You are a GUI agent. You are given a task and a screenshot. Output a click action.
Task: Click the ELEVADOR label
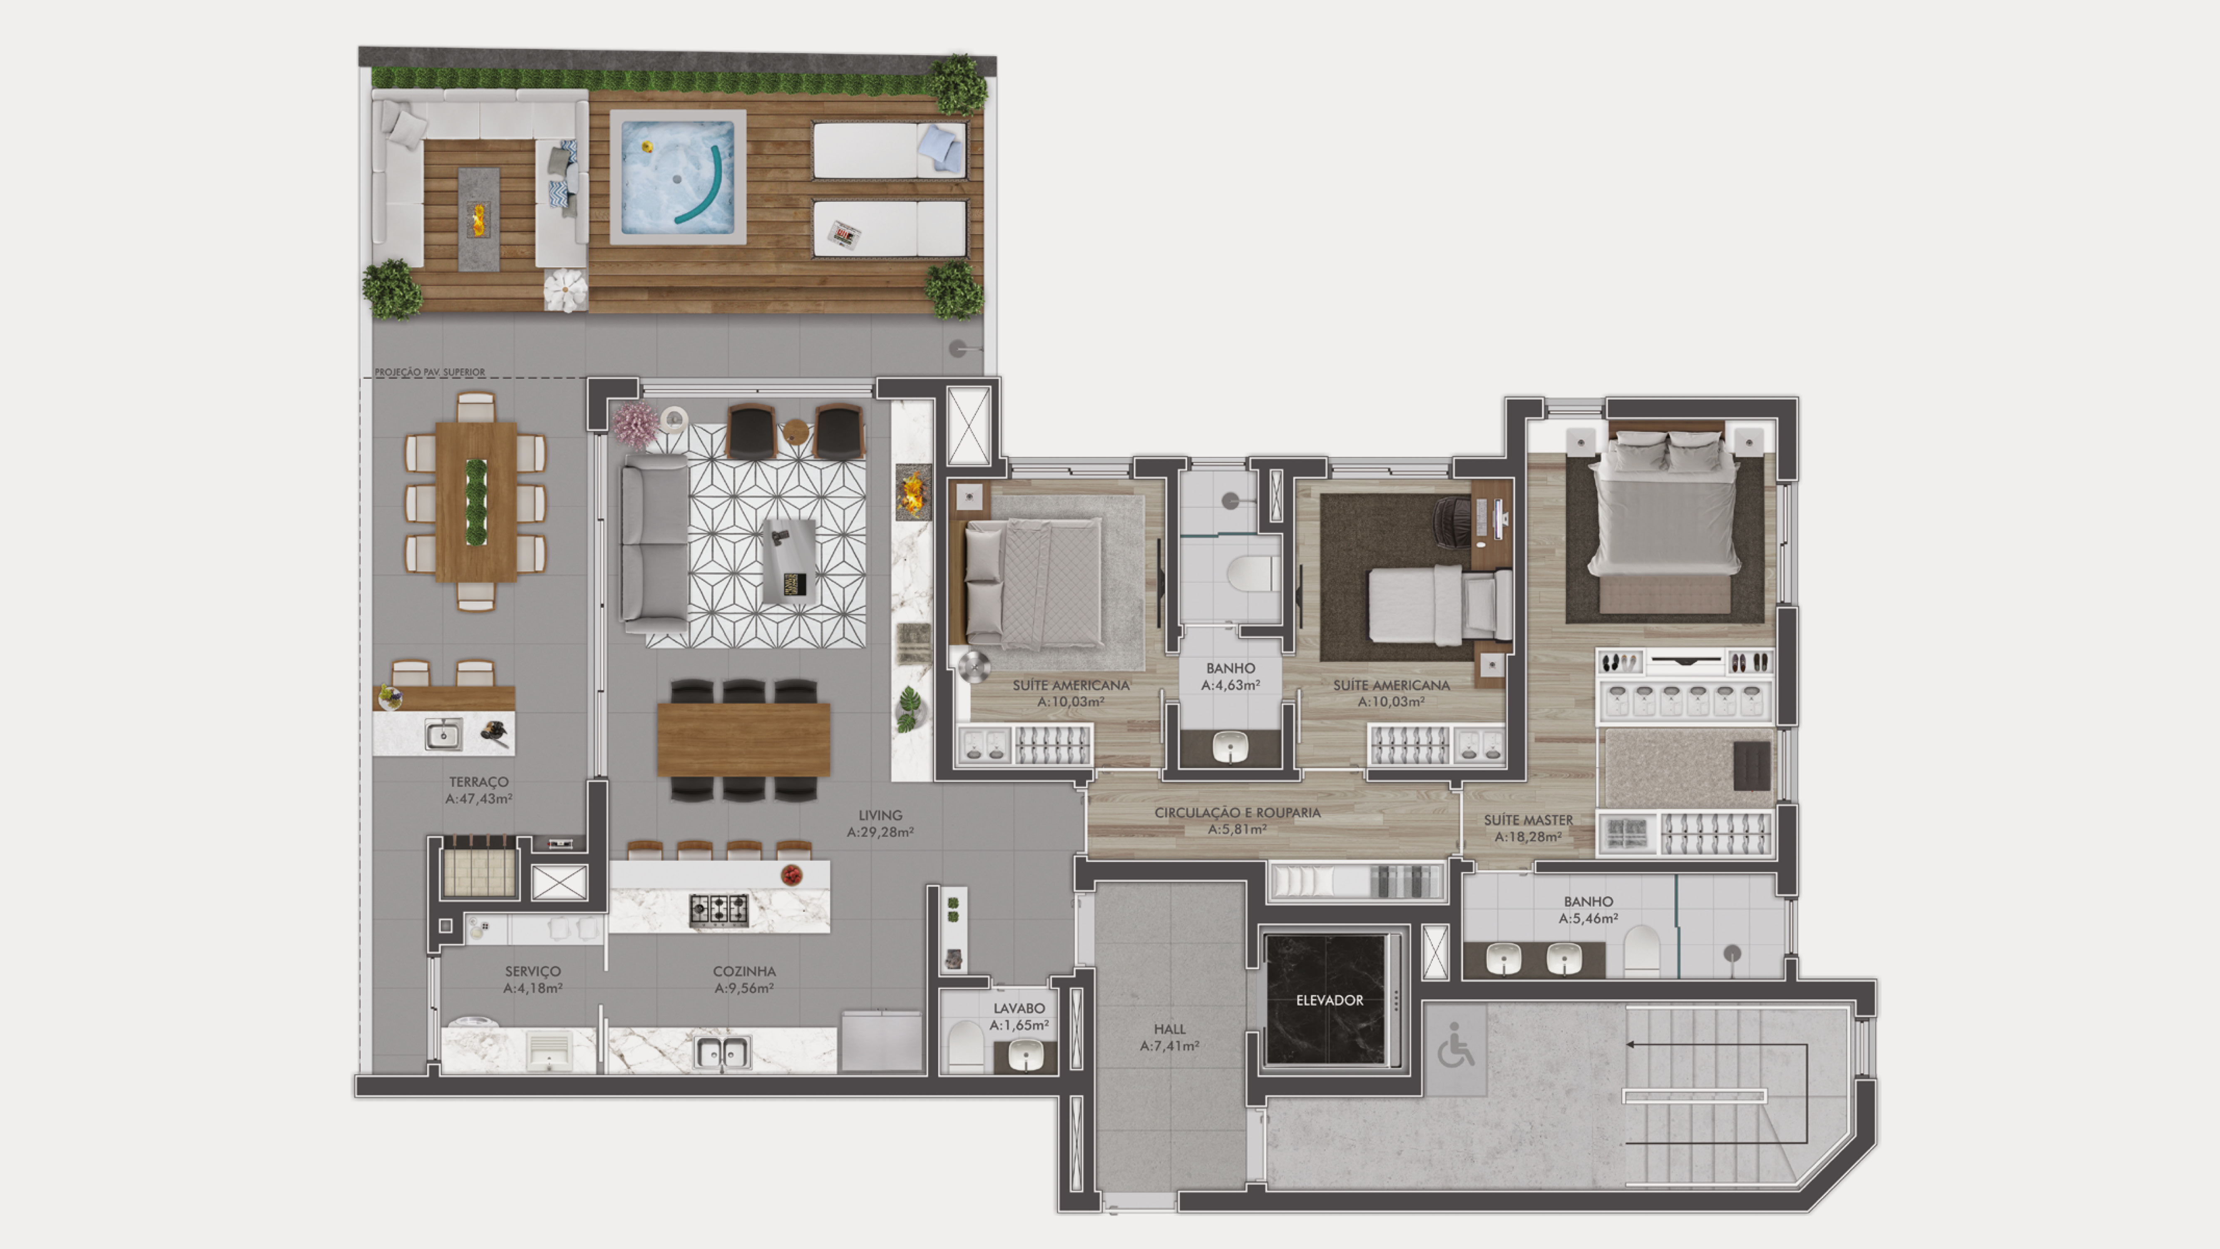(1329, 1000)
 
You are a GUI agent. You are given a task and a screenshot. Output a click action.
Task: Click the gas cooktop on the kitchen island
(719, 909)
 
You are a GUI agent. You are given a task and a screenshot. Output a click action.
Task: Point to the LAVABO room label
(1019, 1008)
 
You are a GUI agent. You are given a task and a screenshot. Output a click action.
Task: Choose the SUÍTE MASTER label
(1528, 820)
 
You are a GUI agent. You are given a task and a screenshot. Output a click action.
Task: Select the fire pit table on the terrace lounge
(478, 218)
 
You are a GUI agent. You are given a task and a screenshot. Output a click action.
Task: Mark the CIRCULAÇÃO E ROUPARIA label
(1237, 812)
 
